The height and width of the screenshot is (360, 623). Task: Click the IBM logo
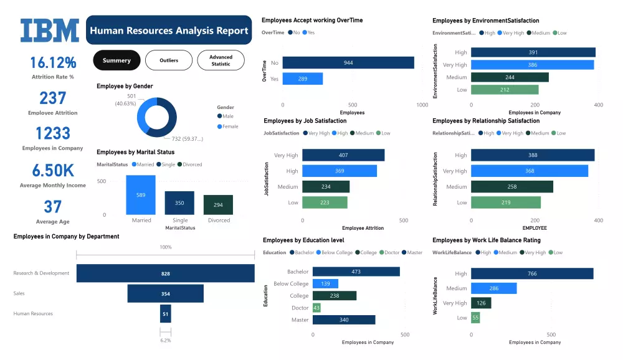tap(50, 30)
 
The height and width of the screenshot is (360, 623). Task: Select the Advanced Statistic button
tap(221, 60)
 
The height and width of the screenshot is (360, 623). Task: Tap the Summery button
tap(117, 60)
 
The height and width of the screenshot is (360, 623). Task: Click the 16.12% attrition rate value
tap(53, 63)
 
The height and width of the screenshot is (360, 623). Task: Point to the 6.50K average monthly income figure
tap(52, 171)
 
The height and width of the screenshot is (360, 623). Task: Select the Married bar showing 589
tap(141, 195)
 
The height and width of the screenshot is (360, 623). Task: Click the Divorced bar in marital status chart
tap(218, 205)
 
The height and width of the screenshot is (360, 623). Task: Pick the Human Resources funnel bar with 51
tap(165, 313)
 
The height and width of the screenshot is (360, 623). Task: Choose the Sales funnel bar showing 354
tap(165, 293)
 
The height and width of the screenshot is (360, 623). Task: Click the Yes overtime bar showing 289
tap(303, 79)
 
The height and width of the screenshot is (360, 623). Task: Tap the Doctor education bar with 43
tap(316, 308)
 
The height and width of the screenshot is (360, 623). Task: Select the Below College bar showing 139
tap(325, 283)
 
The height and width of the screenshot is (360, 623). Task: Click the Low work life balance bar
tap(475, 318)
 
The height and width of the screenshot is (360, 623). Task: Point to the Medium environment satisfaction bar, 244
tap(510, 77)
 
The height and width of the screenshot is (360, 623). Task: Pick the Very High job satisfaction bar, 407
tap(343, 155)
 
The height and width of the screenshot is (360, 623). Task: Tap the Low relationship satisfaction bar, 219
tap(506, 202)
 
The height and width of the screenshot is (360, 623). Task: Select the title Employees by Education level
tap(303, 240)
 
